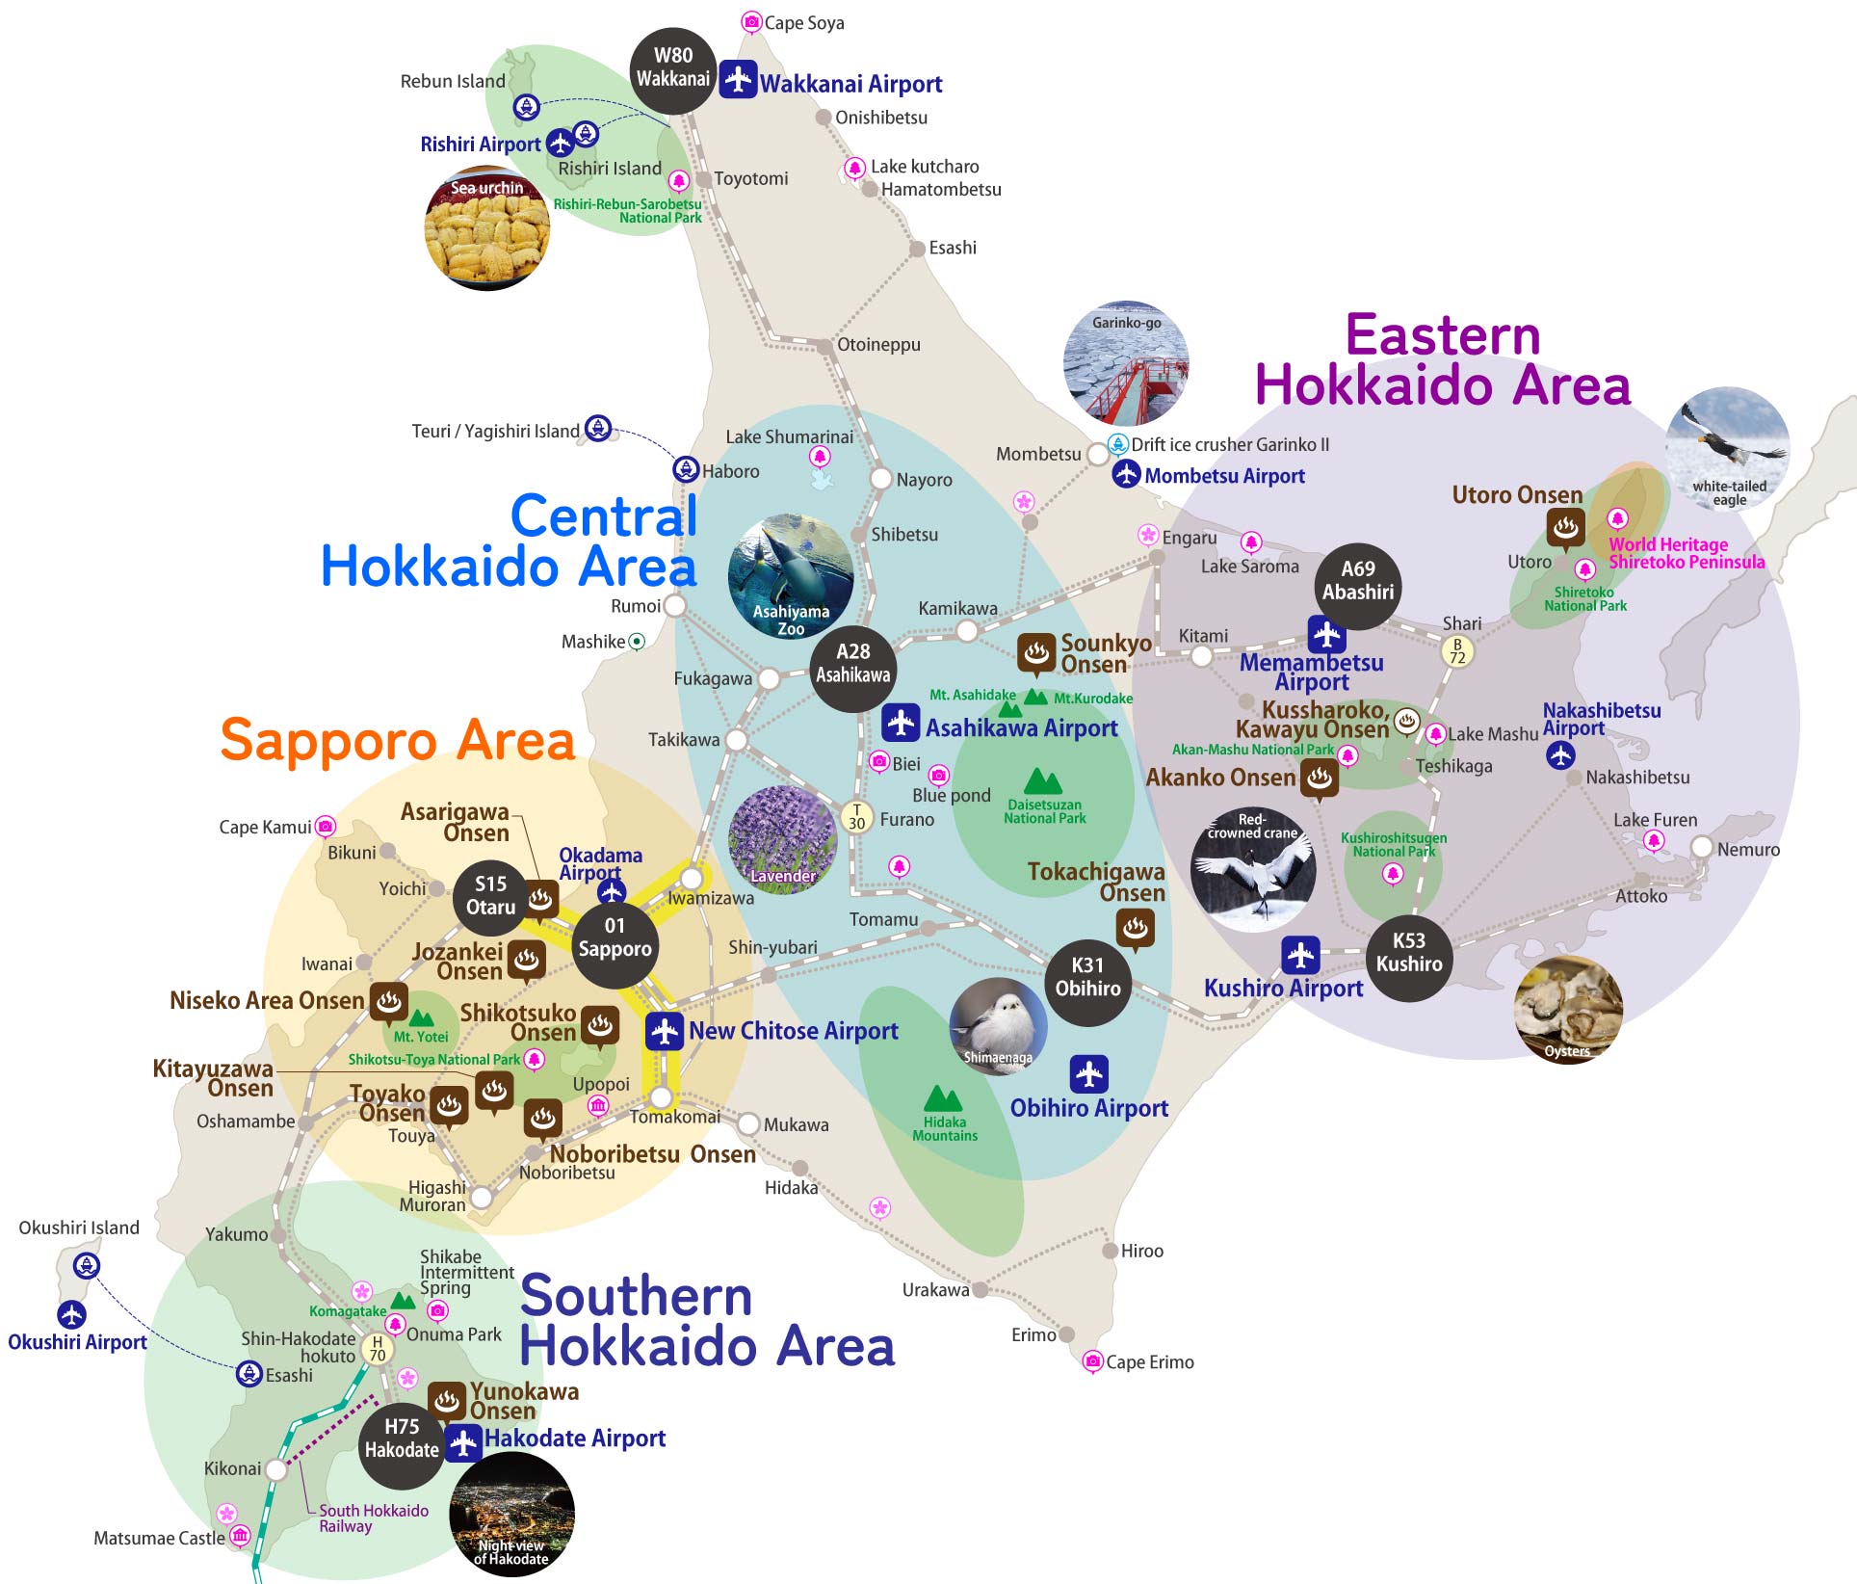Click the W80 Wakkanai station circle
pyautogui.click(x=673, y=67)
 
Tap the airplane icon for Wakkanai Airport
pyautogui.click(x=738, y=79)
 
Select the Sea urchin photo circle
pyautogui.click(x=487, y=228)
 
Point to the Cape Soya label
pyautogui.click(x=803, y=23)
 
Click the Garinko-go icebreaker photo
pyautogui.click(x=1126, y=363)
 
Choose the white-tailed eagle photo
pyautogui.click(x=1728, y=448)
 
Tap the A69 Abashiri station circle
pyautogui.click(x=1358, y=581)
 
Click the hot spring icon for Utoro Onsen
pyautogui.click(x=1566, y=527)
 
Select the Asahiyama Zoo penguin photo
pyautogui.click(x=791, y=576)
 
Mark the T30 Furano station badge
pyautogui.click(x=856, y=817)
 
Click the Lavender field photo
pyautogui.click(x=782, y=839)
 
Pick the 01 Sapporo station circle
pyautogui.click(x=615, y=937)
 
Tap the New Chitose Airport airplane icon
pyautogui.click(x=665, y=1031)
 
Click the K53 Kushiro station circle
pyautogui.click(x=1409, y=952)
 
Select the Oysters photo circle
pyautogui.click(x=1568, y=1010)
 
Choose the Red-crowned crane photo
pyautogui.click(x=1253, y=869)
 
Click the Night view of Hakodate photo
pyautogui.click(x=511, y=1514)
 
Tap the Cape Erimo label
pyautogui.click(x=1149, y=1362)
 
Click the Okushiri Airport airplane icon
pyautogui.click(x=71, y=1314)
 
